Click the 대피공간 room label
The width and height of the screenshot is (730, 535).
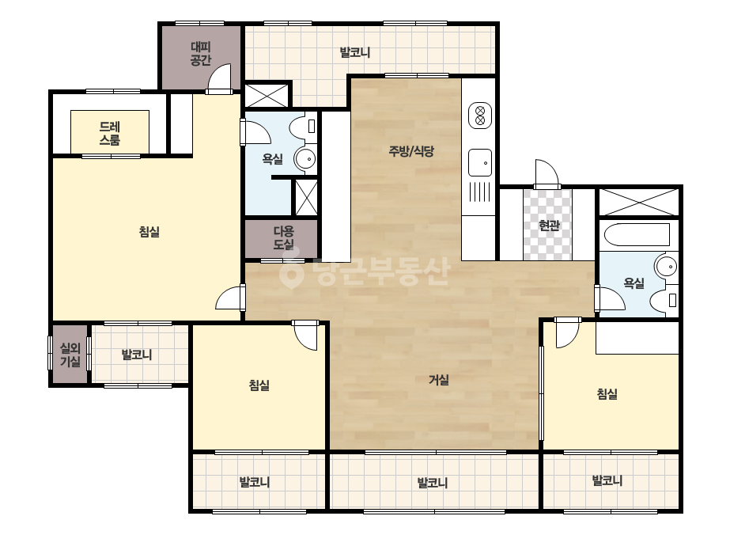[x=201, y=54]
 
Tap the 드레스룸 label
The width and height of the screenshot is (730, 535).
[x=110, y=133]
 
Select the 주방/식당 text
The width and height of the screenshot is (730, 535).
[x=411, y=151]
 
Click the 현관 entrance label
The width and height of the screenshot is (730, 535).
[x=549, y=226]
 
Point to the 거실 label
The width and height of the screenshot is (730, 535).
[x=439, y=380]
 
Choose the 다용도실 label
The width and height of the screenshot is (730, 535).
[x=283, y=237]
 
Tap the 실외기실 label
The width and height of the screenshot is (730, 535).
[x=70, y=355]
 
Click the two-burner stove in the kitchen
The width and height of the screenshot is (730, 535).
[x=480, y=115]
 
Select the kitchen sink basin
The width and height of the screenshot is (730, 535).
[x=480, y=163]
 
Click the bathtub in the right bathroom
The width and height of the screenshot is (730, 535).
[x=637, y=234]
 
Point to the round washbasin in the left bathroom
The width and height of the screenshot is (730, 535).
[x=305, y=159]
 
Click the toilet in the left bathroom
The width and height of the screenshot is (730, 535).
[x=303, y=127]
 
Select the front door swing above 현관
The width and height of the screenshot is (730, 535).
[x=547, y=174]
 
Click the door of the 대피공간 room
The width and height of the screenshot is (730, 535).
[x=219, y=78]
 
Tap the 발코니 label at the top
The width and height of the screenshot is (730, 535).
[x=355, y=52]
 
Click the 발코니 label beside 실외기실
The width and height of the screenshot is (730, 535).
[x=137, y=355]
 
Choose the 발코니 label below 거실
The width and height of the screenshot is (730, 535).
[x=433, y=482]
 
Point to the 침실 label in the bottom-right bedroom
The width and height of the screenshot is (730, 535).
[x=607, y=394]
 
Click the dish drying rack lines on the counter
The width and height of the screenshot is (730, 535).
[x=480, y=192]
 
